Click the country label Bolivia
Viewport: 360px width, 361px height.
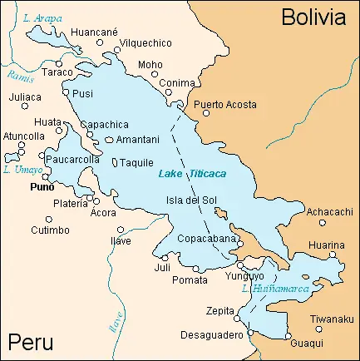click(x=313, y=17)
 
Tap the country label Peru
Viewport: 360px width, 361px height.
click(x=31, y=342)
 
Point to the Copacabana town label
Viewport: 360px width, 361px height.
click(x=207, y=239)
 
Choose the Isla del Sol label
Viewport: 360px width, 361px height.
click(x=192, y=200)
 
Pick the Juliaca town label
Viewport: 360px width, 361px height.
click(x=25, y=96)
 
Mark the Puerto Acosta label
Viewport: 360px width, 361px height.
click(x=225, y=105)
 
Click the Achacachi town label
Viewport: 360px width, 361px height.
click(x=330, y=212)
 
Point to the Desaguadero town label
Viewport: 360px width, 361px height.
click(x=211, y=335)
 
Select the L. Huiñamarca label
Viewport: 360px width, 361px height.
click(x=274, y=289)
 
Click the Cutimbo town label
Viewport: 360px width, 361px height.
click(x=51, y=230)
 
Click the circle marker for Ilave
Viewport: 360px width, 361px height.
click(x=121, y=230)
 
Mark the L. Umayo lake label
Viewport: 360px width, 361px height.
click(x=20, y=169)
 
